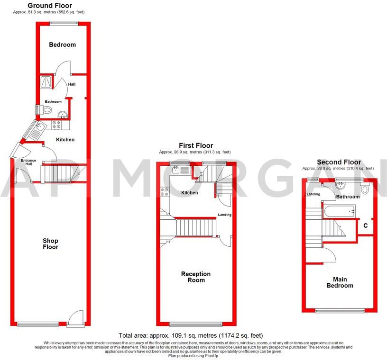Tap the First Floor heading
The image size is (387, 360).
[195, 145]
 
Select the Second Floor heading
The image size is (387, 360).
[339, 162]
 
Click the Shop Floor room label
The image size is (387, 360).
[50, 243]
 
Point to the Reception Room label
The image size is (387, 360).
[195, 277]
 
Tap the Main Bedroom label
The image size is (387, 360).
[340, 282]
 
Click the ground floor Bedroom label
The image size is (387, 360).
[63, 45]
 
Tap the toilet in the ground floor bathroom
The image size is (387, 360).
[46, 110]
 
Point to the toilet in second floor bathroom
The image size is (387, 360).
[364, 189]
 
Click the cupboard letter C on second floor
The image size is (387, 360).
[366, 226]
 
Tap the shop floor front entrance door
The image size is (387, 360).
[75, 319]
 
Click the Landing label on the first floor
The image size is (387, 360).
[224, 215]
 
